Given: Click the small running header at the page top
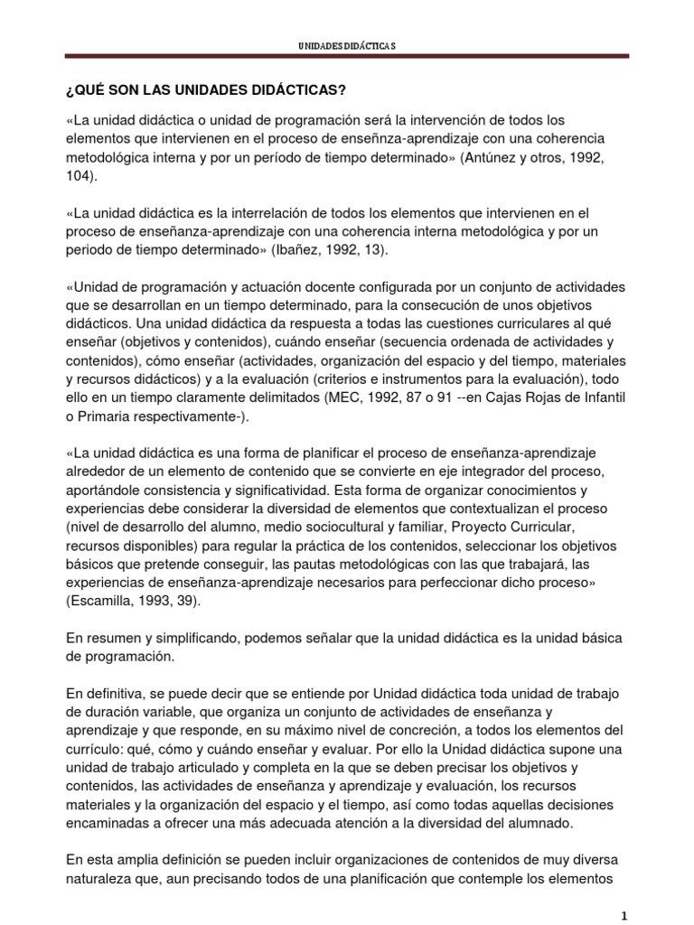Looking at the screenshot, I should tap(347, 44).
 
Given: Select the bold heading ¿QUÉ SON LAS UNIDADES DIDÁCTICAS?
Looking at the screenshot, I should tap(206, 91).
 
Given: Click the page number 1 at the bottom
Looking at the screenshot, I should tap(625, 915).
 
